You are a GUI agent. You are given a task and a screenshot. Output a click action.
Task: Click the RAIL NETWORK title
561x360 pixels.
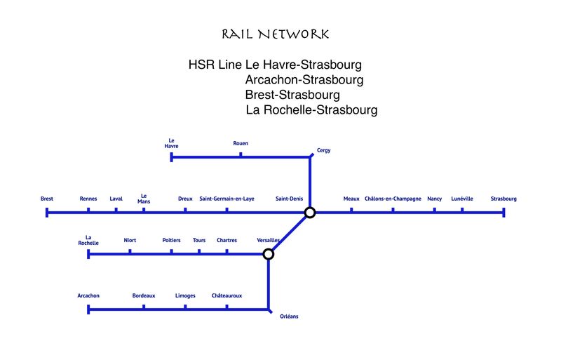(275, 34)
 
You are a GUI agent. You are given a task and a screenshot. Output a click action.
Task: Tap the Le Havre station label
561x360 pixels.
(172, 143)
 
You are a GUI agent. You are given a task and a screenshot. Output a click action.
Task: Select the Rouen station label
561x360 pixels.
(241, 143)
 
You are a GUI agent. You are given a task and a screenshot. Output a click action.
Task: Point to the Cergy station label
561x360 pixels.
(323, 150)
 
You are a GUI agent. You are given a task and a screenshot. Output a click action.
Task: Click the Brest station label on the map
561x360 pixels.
(47, 199)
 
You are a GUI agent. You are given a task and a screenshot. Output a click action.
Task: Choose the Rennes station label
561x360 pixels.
(88, 199)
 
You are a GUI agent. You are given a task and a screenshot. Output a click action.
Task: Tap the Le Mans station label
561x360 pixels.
(144, 199)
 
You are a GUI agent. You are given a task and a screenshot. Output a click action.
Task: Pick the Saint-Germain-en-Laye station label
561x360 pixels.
(227, 199)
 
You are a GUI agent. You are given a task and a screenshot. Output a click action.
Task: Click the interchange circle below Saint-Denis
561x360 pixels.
(310, 212)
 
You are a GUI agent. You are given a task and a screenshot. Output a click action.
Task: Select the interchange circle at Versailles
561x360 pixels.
(268, 254)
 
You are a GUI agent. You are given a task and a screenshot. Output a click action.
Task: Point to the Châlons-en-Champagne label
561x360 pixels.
(393, 199)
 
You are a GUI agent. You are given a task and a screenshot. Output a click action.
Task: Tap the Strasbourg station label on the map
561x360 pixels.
(503, 199)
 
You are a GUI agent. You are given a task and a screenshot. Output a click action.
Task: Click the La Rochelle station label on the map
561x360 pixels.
(88, 240)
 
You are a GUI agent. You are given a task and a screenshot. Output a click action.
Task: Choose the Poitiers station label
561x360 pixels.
(171, 240)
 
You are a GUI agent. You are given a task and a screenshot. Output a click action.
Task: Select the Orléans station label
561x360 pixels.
(288, 316)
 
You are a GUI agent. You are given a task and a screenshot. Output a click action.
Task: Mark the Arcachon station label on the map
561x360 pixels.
(88, 295)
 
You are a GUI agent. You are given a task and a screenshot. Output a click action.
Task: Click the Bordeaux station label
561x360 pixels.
(144, 295)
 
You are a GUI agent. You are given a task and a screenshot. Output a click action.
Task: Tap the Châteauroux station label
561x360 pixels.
(227, 295)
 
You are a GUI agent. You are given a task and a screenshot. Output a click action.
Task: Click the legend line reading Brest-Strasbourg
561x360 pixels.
(292, 95)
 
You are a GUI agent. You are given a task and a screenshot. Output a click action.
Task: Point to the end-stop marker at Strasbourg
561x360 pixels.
(503, 212)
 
